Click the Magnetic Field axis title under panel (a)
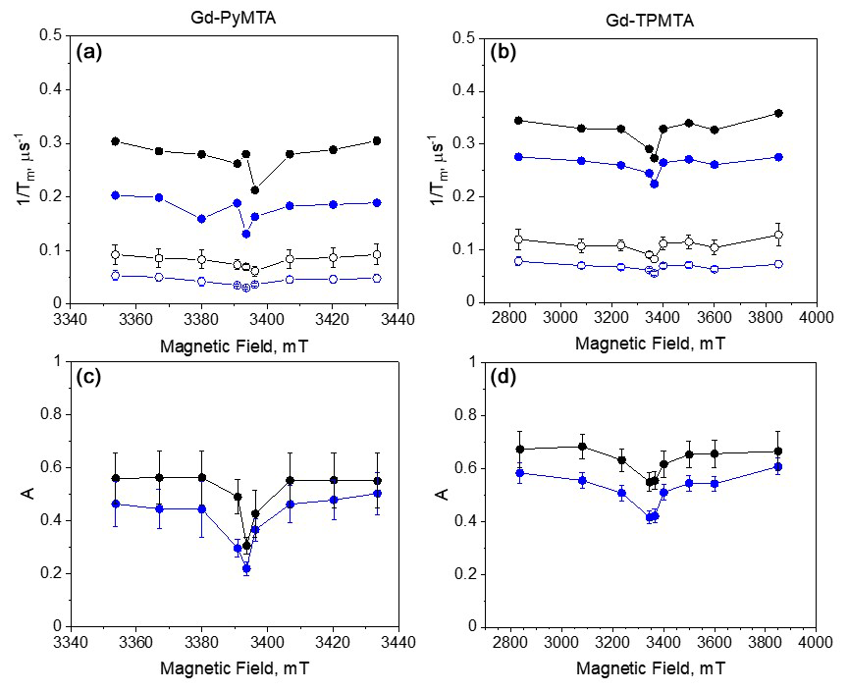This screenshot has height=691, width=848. point(233,341)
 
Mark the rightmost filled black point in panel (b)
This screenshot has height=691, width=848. point(778,113)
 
